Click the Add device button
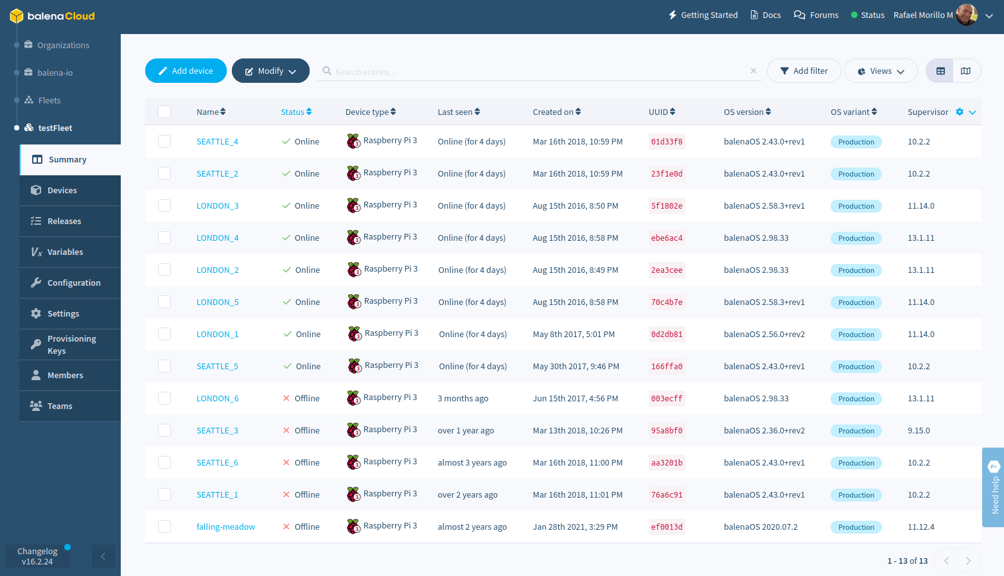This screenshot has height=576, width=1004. (186, 71)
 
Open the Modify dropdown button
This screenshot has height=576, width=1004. (270, 71)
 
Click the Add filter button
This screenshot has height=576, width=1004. (804, 71)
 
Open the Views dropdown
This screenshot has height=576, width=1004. (881, 71)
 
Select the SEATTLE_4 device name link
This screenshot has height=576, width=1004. (217, 142)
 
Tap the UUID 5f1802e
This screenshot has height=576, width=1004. (667, 206)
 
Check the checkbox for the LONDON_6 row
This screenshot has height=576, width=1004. (164, 398)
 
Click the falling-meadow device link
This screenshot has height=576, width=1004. (225, 527)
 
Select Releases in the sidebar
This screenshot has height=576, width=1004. (64, 222)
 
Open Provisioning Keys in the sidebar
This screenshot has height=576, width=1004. (71, 345)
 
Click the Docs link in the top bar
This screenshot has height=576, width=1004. (766, 15)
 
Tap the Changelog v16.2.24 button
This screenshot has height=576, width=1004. (37, 556)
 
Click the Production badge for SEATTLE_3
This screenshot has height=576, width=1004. (856, 431)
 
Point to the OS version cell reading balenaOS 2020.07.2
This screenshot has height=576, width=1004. (761, 527)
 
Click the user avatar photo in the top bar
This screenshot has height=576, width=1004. (966, 15)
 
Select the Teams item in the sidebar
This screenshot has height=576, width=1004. (60, 406)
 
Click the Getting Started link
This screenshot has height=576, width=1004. (703, 15)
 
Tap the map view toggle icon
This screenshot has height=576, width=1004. (965, 71)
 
